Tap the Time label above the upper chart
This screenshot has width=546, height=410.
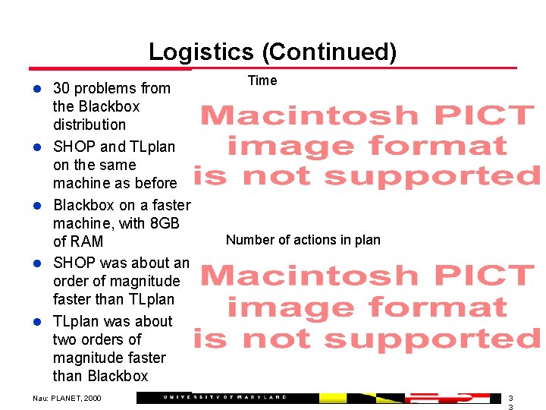point(262,80)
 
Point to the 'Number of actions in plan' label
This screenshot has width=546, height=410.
point(303,240)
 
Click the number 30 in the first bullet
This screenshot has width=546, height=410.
point(61,88)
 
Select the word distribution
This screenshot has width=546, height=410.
point(89,125)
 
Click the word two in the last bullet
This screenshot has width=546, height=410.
point(65,339)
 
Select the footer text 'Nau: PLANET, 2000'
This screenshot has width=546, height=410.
point(67,398)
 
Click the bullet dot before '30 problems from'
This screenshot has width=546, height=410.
point(35,89)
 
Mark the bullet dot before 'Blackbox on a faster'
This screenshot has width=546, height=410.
point(35,206)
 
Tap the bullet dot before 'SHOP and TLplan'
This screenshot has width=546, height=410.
point(35,147)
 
